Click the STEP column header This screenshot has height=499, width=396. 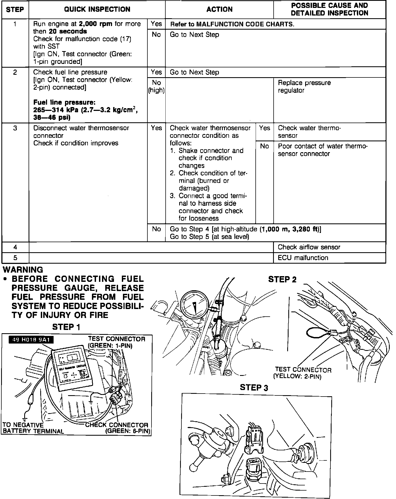pos(15,10)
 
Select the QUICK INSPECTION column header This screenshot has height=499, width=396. pos(97,10)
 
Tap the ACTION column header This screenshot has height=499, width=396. pos(219,10)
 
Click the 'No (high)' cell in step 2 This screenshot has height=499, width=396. pos(156,86)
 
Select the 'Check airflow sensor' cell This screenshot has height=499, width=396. pos(309,247)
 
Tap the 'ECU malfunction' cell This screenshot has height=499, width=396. pos(303,258)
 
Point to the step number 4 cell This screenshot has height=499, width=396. pos(15,247)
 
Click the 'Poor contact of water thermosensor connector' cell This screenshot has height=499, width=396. pos(323,150)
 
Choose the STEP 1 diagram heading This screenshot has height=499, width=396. pos(66,327)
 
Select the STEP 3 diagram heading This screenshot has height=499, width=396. pos(254,388)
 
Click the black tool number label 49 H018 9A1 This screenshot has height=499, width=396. pos(31,340)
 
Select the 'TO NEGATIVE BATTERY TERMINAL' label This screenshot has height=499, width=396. pos(33,428)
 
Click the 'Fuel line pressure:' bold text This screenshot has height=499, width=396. pos(64,102)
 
